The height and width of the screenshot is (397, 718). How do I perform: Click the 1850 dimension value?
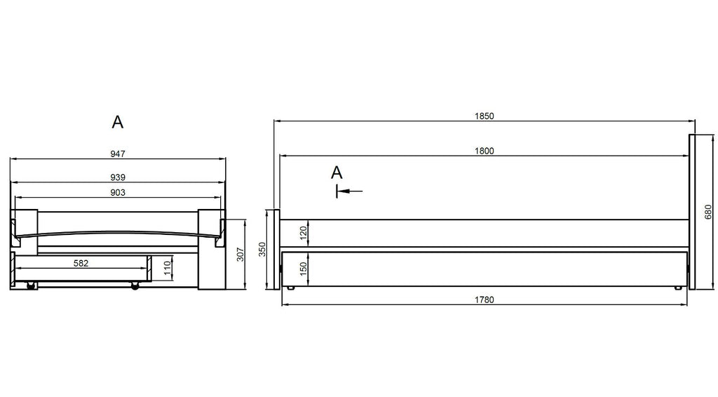click(x=484, y=116)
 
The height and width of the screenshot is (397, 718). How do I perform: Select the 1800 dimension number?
click(x=484, y=151)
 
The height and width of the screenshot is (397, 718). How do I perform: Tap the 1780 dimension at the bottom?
click(x=484, y=300)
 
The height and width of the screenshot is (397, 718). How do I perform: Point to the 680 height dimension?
click(x=708, y=212)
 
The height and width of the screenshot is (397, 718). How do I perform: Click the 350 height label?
click(x=262, y=250)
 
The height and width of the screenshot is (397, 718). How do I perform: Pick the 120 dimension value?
click(x=303, y=233)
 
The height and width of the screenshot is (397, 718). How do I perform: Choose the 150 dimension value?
click(x=303, y=269)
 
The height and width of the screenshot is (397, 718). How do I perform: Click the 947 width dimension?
click(x=118, y=154)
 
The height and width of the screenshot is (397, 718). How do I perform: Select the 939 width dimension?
click(x=118, y=177)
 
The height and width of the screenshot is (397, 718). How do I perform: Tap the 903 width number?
click(x=118, y=193)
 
